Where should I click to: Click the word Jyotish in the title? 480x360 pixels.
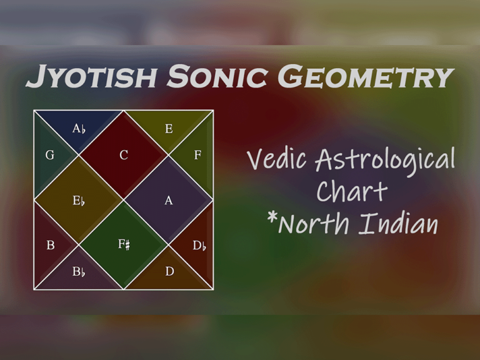click(92, 77)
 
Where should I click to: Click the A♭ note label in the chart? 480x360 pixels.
click(79, 129)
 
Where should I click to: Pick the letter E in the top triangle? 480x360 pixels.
click(169, 129)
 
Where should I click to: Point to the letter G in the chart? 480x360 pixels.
click(50, 155)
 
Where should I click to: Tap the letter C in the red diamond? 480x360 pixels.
click(124, 155)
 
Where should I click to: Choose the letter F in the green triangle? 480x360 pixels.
click(197, 155)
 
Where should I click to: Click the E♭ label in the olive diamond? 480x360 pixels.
click(79, 201)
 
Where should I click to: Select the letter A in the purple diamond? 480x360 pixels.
click(169, 201)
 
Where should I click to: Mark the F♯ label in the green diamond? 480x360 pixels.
click(124, 244)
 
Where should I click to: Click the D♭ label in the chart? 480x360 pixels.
click(199, 246)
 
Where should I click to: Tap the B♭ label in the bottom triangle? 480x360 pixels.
click(79, 272)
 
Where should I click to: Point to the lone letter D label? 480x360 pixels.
click(169, 272)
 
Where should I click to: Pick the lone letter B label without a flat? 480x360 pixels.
click(51, 246)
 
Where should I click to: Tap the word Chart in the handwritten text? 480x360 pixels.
click(352, 191)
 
